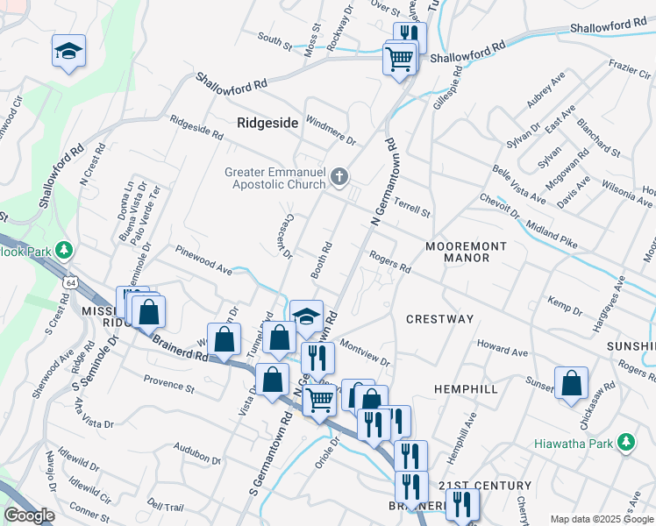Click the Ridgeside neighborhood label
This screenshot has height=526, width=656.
tap(267, 123)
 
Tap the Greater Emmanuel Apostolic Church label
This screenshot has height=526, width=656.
tap(276, 178)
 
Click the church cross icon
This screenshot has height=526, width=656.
tap(340, 178)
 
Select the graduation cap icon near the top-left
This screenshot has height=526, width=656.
tap(68, 52)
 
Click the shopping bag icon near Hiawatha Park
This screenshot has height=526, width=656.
tap(571, 383)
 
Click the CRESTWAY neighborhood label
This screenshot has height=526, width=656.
tap(439, 319)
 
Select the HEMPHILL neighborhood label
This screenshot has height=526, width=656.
tap(466, 388)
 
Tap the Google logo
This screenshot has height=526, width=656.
tap(29, 515)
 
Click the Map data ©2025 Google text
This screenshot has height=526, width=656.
tap(602, 519)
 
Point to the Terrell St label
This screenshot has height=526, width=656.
tap(412, 209)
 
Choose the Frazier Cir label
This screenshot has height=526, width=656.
tap(626, 66)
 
